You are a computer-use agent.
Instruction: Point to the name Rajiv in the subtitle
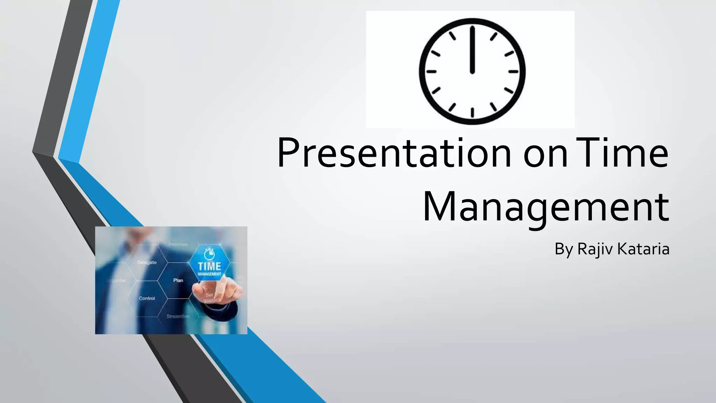click(x=595, y=249)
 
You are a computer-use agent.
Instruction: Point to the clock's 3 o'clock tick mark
click(x=513, y=71)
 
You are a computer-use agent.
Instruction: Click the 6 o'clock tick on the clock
click(x=472, y=112)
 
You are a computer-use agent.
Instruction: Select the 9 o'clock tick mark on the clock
click(x=431, y=71)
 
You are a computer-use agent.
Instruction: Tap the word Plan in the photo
click(x=178, y=280)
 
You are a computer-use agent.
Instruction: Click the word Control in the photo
click(x=147, y=298)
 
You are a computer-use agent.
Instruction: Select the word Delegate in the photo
click(x=147, y=262)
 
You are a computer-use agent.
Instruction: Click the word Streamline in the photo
click(x=178, y=316)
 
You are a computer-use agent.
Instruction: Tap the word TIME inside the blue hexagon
click(x=209, y=266)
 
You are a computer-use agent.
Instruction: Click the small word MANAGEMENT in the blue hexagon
click(x=209, y=274)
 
